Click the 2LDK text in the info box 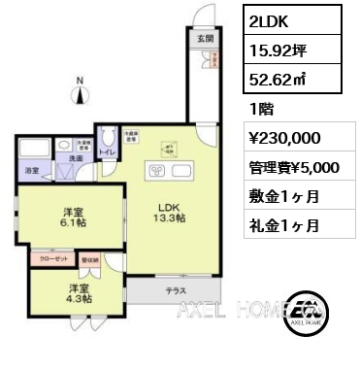click(x=269, y=20)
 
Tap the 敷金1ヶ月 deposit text click(x=284, y=195)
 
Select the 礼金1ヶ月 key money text click(x=284, y=224)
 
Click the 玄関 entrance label click(x=206, y=40)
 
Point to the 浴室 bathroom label click(x=31, y=170)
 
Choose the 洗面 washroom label click(x=74, y=156)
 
